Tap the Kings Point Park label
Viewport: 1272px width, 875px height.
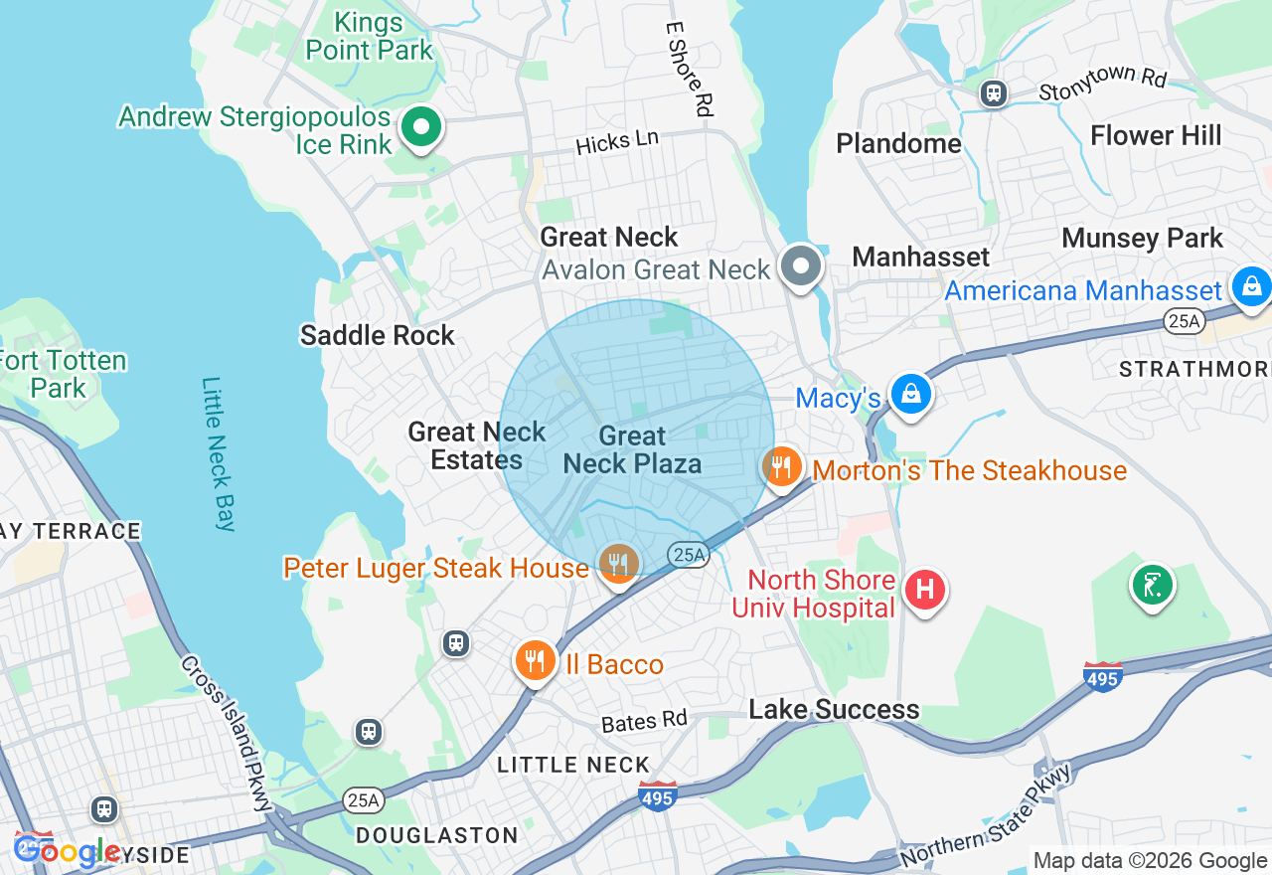click(370, 36)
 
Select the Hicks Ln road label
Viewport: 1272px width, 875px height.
click(616, 142)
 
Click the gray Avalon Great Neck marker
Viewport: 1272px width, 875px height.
click(801, 266)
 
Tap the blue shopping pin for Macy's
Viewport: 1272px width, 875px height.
click(909, 394)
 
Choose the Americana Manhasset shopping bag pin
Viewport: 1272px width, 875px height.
click(1250, 287)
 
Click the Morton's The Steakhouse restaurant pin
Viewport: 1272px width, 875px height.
click(782, 466)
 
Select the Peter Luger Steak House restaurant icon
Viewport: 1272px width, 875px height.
click(618, 564)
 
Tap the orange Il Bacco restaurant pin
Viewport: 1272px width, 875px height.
click(535, 661)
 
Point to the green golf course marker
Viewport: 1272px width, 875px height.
click(1152, 585)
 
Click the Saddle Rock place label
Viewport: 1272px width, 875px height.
click(378, 335)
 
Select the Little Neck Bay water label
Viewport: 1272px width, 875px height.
click(218, 453)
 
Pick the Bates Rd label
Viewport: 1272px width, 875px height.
click(644, 721)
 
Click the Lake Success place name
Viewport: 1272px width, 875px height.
click(834, 709)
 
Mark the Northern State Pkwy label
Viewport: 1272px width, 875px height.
click(986, 814)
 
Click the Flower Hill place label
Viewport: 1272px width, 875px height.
click(1156, 135)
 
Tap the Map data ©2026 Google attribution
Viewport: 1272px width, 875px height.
click(1150, 861)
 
